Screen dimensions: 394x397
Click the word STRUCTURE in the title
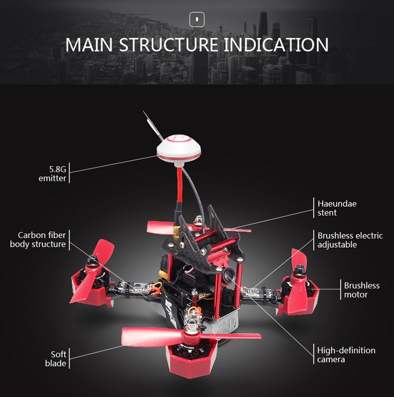point(168,45)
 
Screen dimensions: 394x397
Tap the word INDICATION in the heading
point(276,45)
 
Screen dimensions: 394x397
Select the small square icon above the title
point(197,19)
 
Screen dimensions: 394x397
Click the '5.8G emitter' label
point(52,173)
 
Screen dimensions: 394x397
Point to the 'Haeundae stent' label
point(337,208)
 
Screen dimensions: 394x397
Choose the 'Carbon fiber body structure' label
point(38,239)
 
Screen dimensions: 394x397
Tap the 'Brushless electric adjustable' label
point(350,240)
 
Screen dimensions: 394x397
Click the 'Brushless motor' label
point(361,289)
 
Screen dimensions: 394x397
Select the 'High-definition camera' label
point(346,354)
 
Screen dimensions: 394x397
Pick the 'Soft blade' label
point(56,359)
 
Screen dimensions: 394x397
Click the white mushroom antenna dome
point(178,149)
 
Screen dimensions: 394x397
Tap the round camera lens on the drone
point(229,274)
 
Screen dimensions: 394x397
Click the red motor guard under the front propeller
point(191,359)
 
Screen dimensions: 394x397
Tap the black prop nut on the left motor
point(92,259)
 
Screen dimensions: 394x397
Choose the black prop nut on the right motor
point(300,269)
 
